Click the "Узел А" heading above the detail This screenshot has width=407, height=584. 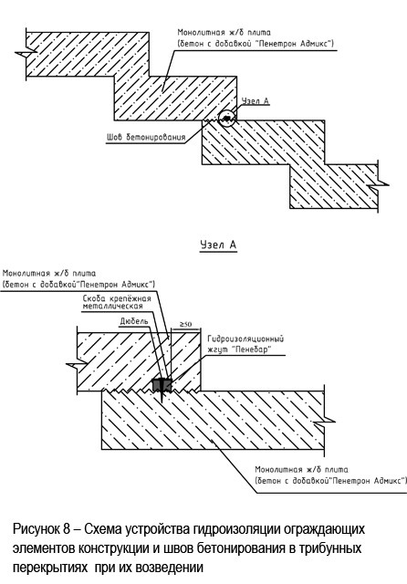[218, 245]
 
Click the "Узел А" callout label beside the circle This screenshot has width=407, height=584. [256, 101]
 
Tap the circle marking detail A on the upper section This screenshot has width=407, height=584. [227, 119]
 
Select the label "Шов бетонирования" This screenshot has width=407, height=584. [146, 137]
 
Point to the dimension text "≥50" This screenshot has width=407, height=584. [185, 325]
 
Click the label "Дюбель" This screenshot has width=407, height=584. [134, 321]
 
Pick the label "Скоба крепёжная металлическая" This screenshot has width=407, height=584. [117, 302]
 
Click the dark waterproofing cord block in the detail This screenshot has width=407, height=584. [162, 385]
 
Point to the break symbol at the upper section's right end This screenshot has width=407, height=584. [378, 184]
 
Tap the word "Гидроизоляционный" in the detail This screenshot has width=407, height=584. [245, 339]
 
